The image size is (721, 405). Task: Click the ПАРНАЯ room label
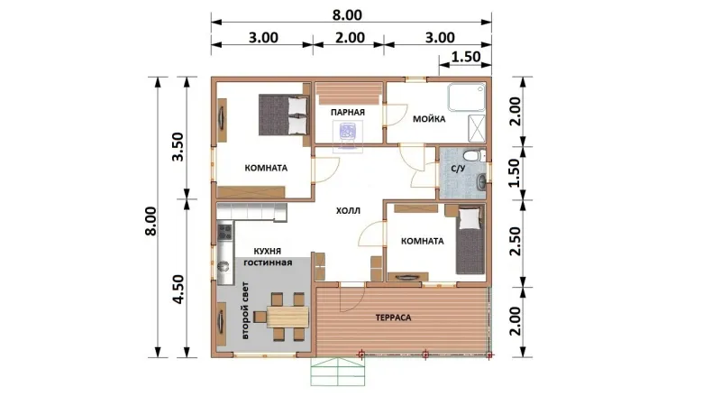348,112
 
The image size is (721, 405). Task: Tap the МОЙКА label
429,119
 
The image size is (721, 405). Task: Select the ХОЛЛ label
348,211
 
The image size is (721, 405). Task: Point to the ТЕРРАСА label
393,318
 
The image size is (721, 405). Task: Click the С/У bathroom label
458,169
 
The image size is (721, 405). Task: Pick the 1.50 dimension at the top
466,57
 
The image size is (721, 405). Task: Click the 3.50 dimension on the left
178,146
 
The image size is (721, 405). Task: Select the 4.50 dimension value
178,289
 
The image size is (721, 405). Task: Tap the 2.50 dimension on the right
516,241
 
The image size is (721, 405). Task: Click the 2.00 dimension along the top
350,37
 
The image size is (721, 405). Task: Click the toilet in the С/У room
473,155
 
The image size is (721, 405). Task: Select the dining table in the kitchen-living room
287,317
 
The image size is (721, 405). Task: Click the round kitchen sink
224,265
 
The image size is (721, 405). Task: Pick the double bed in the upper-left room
283,115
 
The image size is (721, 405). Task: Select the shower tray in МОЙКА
467,97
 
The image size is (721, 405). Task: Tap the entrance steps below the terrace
338,372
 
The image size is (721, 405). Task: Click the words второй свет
245,310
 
